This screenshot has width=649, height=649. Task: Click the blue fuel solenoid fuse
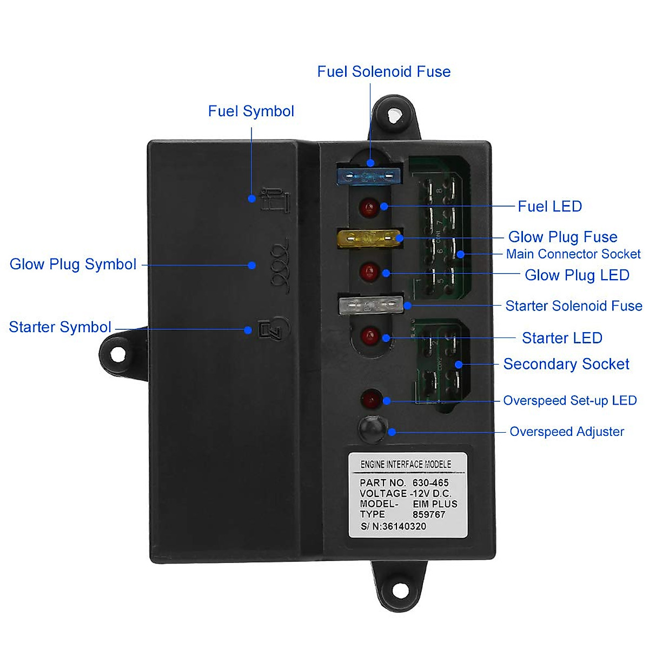click(368, 176)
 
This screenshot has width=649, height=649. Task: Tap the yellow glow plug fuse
click(369, 239)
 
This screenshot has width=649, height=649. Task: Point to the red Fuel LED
click(369, 207)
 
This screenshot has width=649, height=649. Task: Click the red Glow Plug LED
click(369, 271)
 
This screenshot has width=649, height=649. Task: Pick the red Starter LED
click(370, 336)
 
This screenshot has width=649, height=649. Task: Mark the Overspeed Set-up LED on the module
click(370, 400)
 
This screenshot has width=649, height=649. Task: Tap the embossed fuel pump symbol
click(276, 200)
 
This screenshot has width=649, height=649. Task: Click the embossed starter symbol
click(274, 328)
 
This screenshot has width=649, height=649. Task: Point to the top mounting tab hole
click(395, 114)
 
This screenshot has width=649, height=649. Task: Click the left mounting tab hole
click(118, 355)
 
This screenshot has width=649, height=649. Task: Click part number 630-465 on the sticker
click(431, 482)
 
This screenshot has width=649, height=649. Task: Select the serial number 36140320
click(404, 526)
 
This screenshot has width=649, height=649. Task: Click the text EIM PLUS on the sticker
click(435, 504)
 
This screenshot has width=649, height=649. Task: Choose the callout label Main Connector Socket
click(573, 254)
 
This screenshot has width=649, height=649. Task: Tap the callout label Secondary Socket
click(566, 364)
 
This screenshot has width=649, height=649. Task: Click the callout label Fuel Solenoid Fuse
click(383, 72)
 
